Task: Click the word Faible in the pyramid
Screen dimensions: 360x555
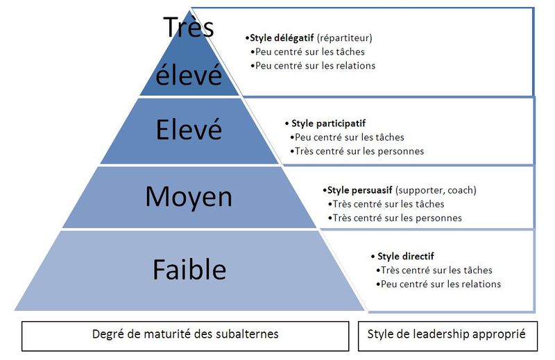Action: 189,269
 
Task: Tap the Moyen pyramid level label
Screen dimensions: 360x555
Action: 189,197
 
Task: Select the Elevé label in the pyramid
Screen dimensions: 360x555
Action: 189,130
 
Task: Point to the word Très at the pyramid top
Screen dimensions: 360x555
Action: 189,28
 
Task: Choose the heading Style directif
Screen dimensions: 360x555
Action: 406,257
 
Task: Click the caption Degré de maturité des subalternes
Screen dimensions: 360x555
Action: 185,334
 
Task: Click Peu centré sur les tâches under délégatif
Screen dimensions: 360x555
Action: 309,51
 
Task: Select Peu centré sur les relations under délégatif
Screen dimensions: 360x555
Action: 315,65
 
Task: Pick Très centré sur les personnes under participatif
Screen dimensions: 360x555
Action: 359,151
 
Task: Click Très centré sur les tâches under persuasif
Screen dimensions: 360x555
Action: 388,204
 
